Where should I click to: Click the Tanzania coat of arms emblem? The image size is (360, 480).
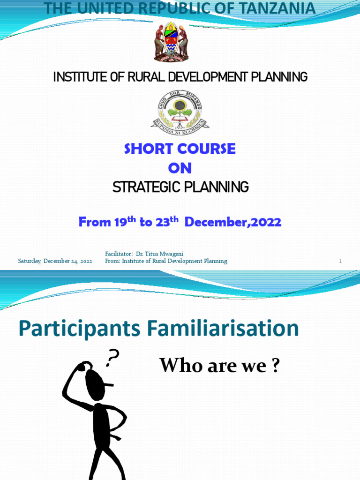click(171, 42)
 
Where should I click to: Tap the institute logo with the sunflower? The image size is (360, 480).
click(180, 110)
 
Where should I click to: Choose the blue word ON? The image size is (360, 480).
click(180, 168)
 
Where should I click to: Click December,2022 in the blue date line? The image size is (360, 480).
click(233, 222)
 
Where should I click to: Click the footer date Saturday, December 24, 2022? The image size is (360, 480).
click(55, 261)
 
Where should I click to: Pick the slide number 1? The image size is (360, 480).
click(341, 261)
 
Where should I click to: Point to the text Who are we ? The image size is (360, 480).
click(219, 366)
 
